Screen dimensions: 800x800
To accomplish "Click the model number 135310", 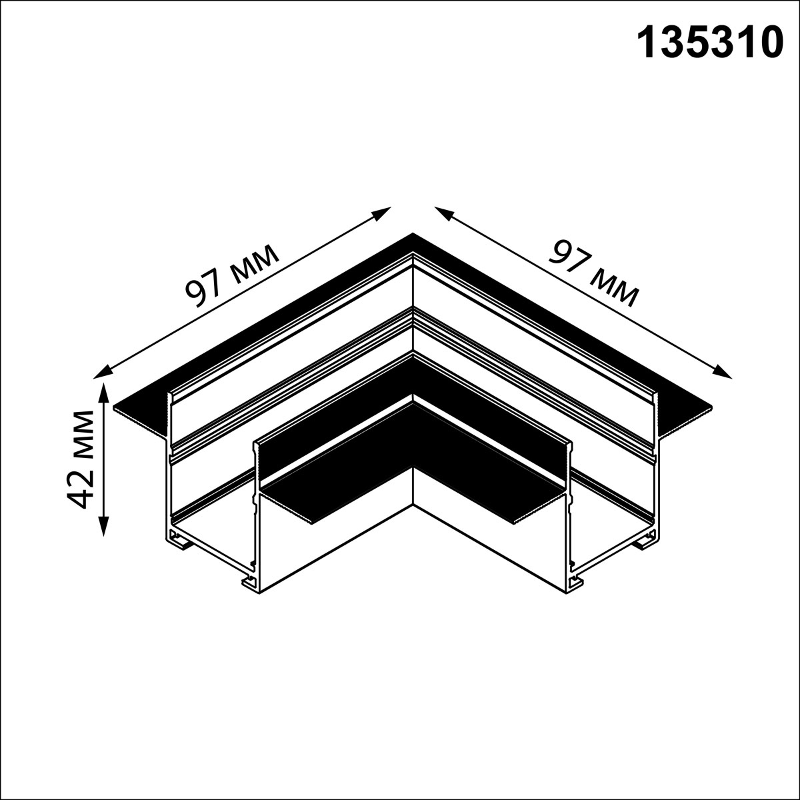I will pyautogui.click(x=710, y=43).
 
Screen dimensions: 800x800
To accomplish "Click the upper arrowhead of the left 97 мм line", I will pyautogui.click(x=382, y=212).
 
